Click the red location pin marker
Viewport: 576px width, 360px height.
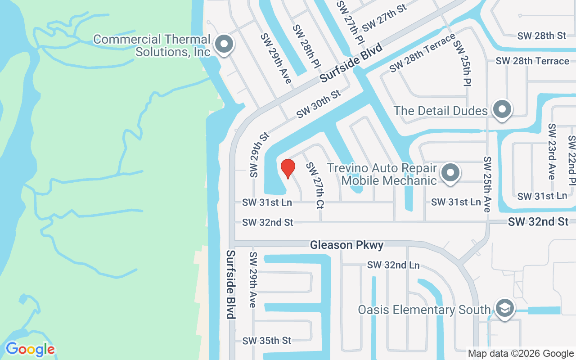[x=288, y=169]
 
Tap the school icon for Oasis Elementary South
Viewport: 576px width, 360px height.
[x=505, y=309]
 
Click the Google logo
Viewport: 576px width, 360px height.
[x=30, y=349]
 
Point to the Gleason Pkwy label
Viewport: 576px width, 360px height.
[x=346, y=245]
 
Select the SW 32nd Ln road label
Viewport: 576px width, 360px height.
[x=393, y=265]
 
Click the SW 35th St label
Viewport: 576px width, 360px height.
[x=267, y=341]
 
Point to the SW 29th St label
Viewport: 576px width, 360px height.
[x=260, y=154]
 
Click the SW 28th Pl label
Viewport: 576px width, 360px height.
[x=306, y=47]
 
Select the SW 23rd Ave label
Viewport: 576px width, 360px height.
[x=552, y=152]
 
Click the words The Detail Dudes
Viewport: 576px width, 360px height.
[x=441, y=111]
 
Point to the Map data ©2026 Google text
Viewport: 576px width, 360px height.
[x=521, y=354]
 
